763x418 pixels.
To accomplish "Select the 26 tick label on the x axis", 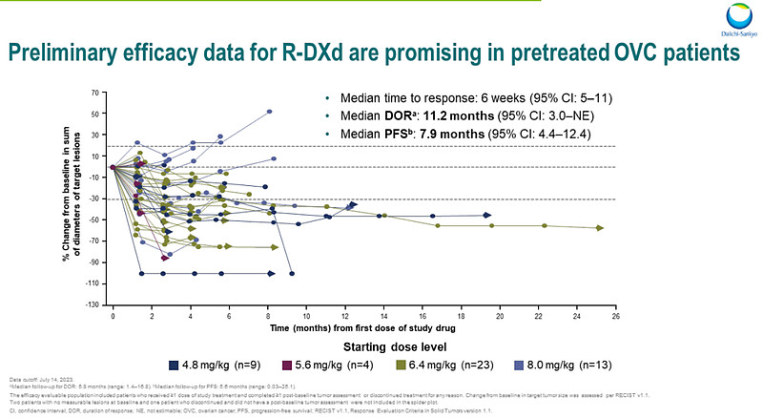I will coord(615,315).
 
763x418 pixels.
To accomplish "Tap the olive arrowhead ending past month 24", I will coord(600,227).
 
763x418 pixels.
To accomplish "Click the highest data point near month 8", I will coord(270,112).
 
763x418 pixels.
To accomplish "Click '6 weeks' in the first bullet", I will coord(470,98).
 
